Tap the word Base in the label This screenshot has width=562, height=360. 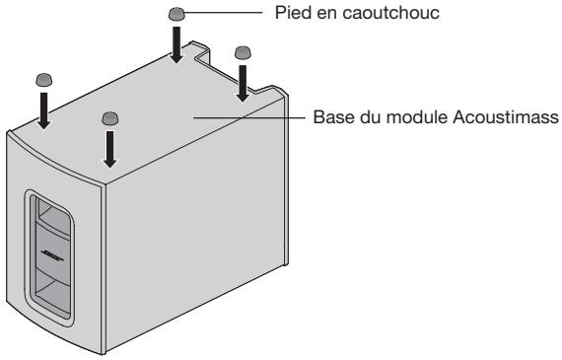(329, 117)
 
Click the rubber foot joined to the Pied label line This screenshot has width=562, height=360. (177, 14)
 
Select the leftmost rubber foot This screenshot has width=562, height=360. (43, 78)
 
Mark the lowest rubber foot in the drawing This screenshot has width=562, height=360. (110, 117)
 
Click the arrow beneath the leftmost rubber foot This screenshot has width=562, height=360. (43, 110)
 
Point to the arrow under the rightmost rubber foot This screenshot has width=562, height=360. (243, 82)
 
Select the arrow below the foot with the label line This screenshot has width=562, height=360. (177, 44)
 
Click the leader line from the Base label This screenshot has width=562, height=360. (251, 117)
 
